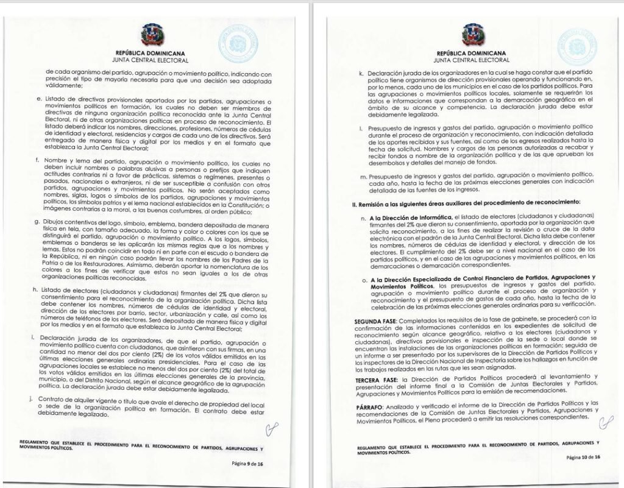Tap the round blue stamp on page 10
pos(576,44)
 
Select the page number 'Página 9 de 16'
pos(247,464)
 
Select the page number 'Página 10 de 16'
pos(583,456)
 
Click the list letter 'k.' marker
pos(361,72)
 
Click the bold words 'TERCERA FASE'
pos(375,378)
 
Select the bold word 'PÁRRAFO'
pos(370,403)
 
